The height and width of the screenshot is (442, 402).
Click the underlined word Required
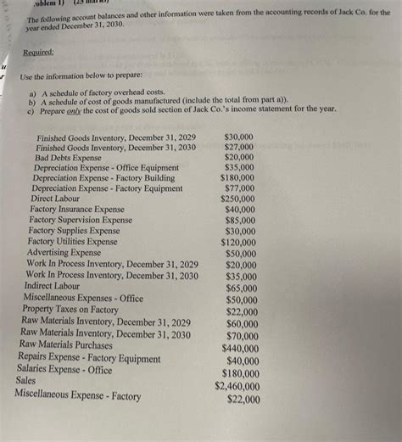tap(38, 52)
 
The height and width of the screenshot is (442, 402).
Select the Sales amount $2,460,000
tap(237, 386)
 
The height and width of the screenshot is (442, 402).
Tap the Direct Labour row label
tap(57, 198)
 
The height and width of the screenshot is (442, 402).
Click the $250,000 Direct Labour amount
tap(237, 199)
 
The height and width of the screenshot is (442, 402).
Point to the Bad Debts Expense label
tap(68, 158)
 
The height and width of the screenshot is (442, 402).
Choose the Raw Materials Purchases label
tap(65, 345)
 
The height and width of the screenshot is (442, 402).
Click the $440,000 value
tap(241, 348)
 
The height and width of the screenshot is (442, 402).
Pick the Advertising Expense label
tap(64, 253)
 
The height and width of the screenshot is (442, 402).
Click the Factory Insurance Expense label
tap(76, 209)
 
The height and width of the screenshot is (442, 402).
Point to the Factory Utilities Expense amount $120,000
tap(238, 242)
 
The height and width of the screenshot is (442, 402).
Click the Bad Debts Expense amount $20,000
tap(239, 158)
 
